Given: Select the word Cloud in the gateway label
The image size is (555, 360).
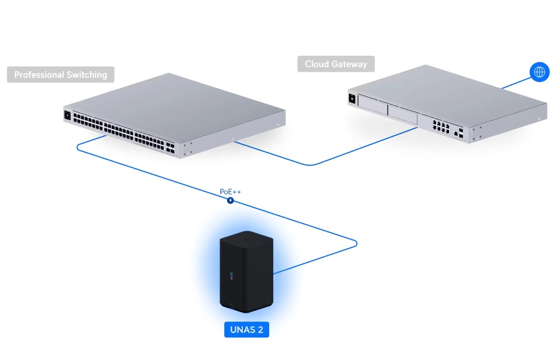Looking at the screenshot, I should [x=316, y=64].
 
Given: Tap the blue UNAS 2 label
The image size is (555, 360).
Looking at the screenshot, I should [x=247, y=330].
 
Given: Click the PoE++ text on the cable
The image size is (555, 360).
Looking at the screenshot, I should [x=230, y=192].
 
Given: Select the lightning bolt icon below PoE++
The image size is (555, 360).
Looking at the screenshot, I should [x=230, y=201].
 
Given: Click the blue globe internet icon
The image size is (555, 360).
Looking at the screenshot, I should [x=539, y=72].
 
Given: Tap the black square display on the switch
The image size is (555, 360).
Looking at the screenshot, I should [x=68, y=116].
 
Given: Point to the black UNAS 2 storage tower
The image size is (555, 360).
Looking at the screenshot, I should [x=246, y=270].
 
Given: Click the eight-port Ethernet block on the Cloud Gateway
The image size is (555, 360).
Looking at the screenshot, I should [x=441, y=127].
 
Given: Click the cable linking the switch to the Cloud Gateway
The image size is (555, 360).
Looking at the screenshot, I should [x=311, y=165].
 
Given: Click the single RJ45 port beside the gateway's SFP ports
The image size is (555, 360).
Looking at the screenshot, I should [x=456, y=132].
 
